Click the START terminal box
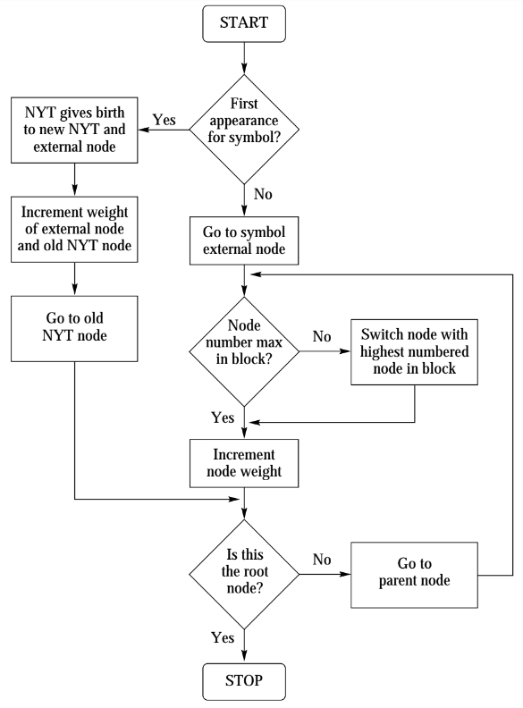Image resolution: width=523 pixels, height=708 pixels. [x=244, y=24]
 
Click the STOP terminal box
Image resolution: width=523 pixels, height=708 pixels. [x=244, y=681]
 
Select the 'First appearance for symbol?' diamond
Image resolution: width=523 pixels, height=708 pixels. [x=244, y=129]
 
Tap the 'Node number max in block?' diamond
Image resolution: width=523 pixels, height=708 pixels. [x=244, y=351]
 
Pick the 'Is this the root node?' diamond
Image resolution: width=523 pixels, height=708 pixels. [x=244, y=574]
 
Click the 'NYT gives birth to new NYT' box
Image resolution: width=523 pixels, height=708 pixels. [x=74, y=130]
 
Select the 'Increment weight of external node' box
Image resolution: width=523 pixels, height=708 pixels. [x=74, y=230]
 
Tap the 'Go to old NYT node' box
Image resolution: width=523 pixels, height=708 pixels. [x=74, y=329]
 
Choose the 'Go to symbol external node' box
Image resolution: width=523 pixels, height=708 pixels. [x=244, y=240]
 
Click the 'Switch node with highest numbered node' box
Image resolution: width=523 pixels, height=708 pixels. [x=414, y=352]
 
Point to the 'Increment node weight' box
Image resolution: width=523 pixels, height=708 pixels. [x=244, y=463]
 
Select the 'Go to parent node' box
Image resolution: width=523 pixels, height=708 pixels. [x=414, y=575]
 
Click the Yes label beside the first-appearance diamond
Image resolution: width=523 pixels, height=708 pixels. [x=164, y=120]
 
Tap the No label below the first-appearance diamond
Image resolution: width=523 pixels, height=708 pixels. [x=263, y=194]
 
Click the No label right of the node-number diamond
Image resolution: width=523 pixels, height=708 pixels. [x=322, y=336]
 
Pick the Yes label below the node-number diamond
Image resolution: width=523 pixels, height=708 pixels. [x=223, y=417]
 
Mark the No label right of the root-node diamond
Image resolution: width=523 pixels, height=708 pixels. [x=322, y=560]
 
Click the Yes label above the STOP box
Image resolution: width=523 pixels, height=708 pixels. [x=223, y=637]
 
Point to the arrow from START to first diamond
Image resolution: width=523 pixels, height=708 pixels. [x=244, y=58]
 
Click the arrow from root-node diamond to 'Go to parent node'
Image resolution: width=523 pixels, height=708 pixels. [x=325, y=574]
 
